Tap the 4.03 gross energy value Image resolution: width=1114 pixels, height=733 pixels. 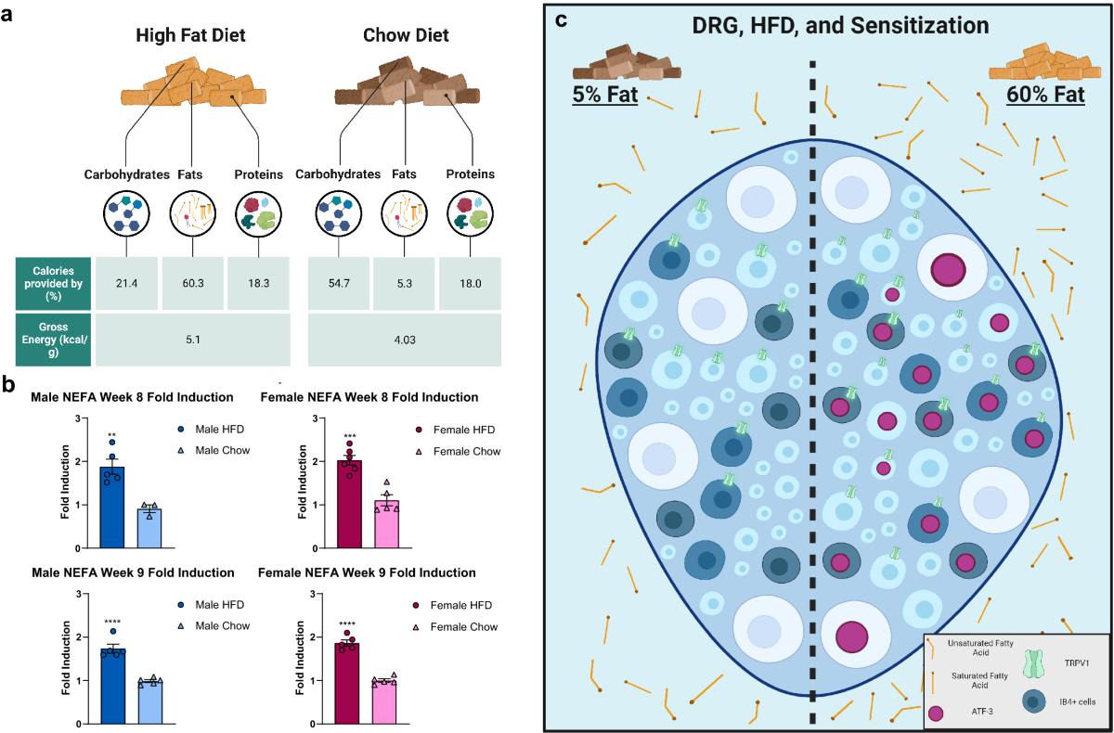pos(405,340)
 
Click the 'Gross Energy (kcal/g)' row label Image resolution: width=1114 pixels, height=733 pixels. pos(52,340)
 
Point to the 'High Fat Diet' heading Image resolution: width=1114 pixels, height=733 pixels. pos(196,37)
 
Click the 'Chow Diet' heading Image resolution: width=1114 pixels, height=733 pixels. pos(406,37)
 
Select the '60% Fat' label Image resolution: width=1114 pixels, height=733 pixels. pos(1044,95)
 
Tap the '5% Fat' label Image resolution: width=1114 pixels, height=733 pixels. pos(605,95)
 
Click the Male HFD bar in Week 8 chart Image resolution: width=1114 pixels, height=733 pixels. pos(111,495)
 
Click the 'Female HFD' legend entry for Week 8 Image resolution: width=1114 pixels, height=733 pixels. pos(461,430)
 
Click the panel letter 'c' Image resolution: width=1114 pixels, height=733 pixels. pos(560,19)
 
